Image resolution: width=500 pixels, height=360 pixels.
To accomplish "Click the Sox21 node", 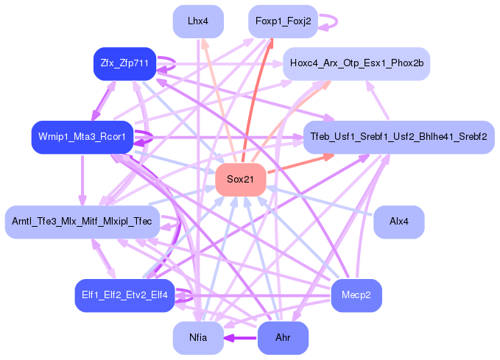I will click(240, 180).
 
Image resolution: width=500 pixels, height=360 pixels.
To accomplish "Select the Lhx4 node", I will click(198, 21).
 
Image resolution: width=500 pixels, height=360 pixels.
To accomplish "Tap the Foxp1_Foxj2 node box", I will click(283, 21).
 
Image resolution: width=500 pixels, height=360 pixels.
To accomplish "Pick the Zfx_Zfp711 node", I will click(122, 64).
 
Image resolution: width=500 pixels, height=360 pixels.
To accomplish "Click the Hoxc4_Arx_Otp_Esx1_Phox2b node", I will click(356, 64).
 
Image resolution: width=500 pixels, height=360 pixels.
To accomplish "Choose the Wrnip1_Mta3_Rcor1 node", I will click(82, 137).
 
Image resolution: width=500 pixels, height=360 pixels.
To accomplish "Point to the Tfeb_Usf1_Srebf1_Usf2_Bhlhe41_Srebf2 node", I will click(398, 137).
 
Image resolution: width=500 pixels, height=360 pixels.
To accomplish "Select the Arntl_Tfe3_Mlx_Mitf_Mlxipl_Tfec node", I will click(82, 222).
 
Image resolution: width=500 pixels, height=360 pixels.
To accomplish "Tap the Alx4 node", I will click(398, 222).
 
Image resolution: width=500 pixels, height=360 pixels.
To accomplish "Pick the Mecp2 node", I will click(356, 295).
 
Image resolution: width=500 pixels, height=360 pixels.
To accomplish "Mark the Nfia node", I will click(198, 338).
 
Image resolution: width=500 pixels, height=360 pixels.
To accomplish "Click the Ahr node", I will click(283, 338).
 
